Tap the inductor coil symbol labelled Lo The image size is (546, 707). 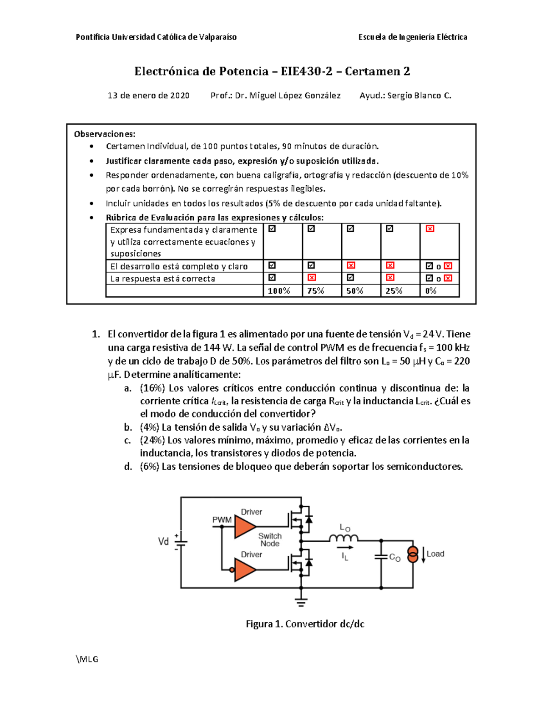point(344,539)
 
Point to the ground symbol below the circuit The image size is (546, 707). point(301,602)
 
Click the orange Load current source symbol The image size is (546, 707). point(412,554)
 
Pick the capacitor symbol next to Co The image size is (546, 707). point(381,557)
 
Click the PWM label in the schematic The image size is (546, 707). point(222,520)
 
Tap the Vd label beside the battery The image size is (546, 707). point(163,541)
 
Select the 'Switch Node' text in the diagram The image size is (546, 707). point(270,540)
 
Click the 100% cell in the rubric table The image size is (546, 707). point(279,291)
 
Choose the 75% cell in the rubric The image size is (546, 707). point(315,291)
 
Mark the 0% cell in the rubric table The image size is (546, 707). point(431,291)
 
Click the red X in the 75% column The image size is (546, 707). point(312,278)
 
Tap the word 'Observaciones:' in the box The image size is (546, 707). point(105,134)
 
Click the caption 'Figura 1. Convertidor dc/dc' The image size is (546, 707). point(305,624)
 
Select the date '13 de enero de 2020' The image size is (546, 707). point(148,96)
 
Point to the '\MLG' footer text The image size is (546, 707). point(87,659)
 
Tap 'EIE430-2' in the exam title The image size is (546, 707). point(306,71)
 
